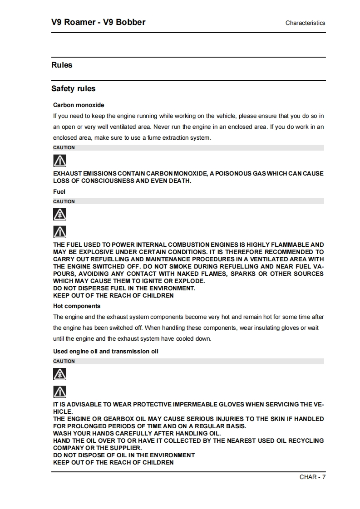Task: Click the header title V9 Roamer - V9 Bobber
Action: click(x=99, y=22)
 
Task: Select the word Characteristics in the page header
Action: click(x=305, y=23)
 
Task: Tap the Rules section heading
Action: click(x=62, y=65)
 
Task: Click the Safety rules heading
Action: click(x=73, y=88)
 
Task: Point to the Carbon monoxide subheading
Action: click(x=79, y=105)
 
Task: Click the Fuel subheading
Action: click(x=59, y=191)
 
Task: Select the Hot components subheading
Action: click(x=77, y=306)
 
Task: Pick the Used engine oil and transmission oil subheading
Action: click(x=106, y=351)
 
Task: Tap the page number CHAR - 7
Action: click(x=312, y=477)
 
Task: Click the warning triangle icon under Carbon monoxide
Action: click(x=59, y=161)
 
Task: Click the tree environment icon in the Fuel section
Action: click(x=59, y=215)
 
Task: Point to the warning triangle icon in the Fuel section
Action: click(x=59, y=232)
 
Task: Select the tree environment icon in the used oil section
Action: click(x=59, y=374)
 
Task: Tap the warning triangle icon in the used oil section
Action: click(x=59, y=392)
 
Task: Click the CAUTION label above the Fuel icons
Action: click(x=64, y=201)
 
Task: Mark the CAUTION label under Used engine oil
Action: click(x=64, y=361)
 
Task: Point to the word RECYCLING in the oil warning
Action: click(x=306, y=440)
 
